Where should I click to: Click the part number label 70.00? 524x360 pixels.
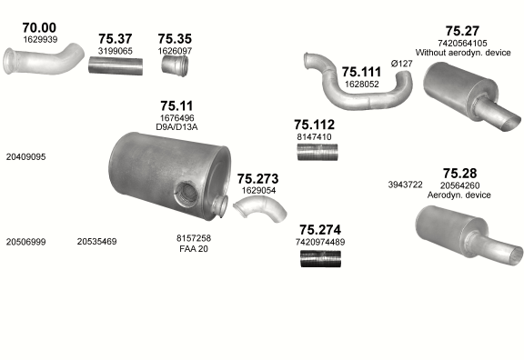(x=39, y=27)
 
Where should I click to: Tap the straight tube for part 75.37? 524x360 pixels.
(x=116, y=65)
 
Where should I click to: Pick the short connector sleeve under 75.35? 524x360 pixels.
(x=175, y=65)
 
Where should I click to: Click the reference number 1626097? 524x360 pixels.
(x=175, y=51)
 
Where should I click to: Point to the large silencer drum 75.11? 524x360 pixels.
(x=169, y=175)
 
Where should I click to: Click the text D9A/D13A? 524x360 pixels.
(x=176, y=127)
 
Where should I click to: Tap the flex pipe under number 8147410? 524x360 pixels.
(x=317, y=152)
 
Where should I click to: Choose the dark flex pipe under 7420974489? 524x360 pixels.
(x=320, y=258)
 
